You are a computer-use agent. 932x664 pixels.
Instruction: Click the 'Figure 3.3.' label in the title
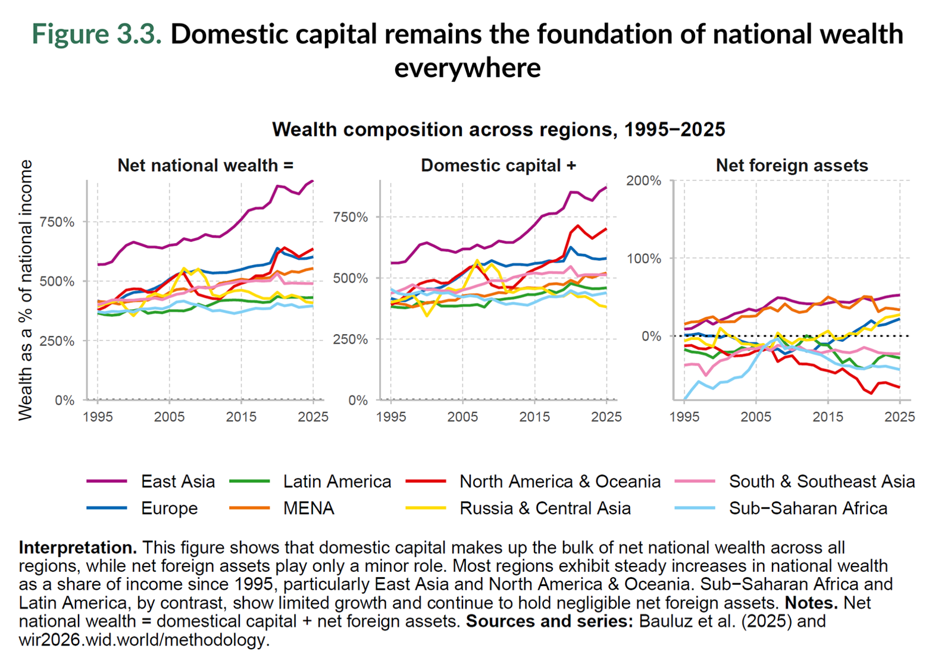pyautogui.click(x=96, y=34)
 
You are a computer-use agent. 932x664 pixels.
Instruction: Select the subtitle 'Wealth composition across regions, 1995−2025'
pyautogui.click(x=498, y=130)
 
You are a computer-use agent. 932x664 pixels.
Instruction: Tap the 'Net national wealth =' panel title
pyautogui.click(x=205, y=165)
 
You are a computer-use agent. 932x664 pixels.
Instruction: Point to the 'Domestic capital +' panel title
pyautogui.click(x=498, y=165)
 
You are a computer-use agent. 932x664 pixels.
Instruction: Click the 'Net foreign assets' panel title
pyautogui.click(x=792, y=165)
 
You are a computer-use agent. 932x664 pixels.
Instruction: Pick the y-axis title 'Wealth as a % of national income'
pyautogui.click(x=25, y=290)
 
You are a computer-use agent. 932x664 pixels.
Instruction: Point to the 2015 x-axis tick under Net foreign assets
pyautogui.click(x=828, y=417)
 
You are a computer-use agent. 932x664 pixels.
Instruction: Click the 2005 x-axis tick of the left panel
pyautogui.click(x=170, y=417)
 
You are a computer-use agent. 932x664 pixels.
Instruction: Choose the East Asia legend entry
pyautogui.click(x=177, y=482)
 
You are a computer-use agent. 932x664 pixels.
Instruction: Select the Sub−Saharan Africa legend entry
pyautogui.click(x=808, y=508)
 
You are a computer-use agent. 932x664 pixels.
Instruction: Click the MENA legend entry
pyautogui.click(x=308, y=508)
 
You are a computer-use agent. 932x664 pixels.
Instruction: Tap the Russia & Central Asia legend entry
pyautogui.click(x=545, y=508)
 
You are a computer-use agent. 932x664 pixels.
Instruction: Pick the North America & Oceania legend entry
pyautogui.click(x=559, y=482)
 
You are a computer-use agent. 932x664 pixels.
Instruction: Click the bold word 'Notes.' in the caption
pyautogui.click(x=811, y=603)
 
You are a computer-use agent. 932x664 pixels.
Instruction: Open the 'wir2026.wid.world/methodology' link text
pyautogui.click(x=143, y=640)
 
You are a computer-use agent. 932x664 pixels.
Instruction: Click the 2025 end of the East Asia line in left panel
pyautogui.click(x=312, y=181)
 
